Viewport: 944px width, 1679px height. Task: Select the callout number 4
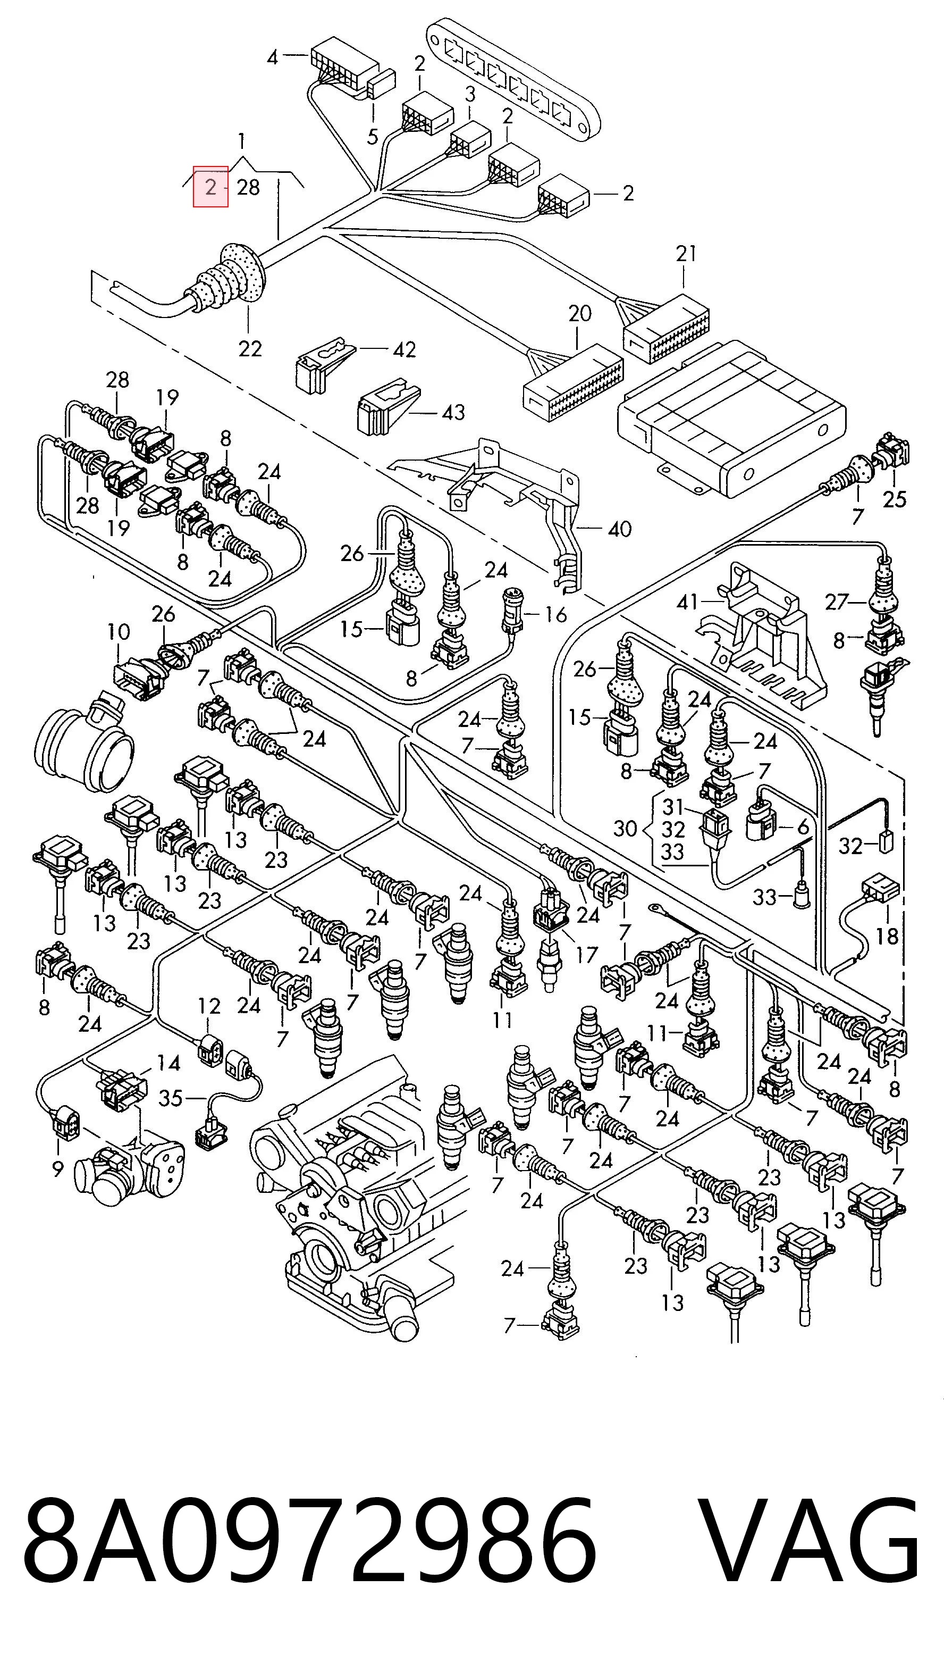tap(272, 58)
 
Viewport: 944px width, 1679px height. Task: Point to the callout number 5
tap(373, 137)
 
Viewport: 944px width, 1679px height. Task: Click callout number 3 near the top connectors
tap(470, 95)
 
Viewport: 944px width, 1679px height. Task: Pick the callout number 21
tap(686, 254)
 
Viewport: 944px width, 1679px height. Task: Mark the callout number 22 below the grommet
tap(250, 349)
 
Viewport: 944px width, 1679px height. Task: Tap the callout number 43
tap(453, 412)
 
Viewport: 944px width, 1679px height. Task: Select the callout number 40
tap(620, 529)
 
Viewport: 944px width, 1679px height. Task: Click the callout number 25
tap(895, 499)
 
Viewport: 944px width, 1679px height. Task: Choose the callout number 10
tap(119, 632)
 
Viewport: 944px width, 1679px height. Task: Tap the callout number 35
tap(171, 1098)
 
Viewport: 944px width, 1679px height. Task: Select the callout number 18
tap(887, 937)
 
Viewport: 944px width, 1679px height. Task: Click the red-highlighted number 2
tap(210, 187)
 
